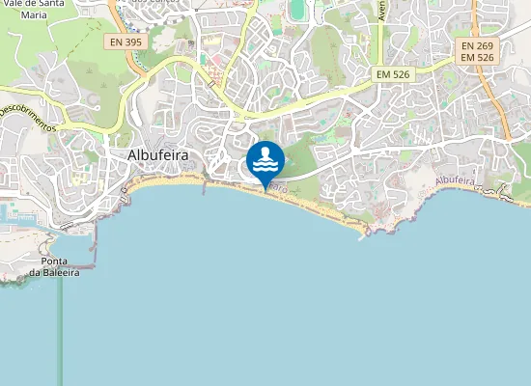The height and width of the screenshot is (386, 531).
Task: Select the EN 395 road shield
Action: click(x=126, y=41)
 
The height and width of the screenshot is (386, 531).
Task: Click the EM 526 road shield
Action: click(x=394, y=73)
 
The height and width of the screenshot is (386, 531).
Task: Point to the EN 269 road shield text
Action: click(x=478, y=45)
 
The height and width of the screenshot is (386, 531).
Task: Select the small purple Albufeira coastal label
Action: click(x=456, y=180)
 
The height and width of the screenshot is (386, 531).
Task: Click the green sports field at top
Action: click(x=296, y=10)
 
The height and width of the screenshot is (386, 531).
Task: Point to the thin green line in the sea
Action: click(x=61, y=328)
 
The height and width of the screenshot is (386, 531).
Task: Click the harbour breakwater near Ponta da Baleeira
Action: click(x=94, y=253)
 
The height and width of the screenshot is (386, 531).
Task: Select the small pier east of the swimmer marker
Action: click(x=363, y=236)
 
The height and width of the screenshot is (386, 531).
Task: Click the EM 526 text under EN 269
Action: click(x=478, y=59)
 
